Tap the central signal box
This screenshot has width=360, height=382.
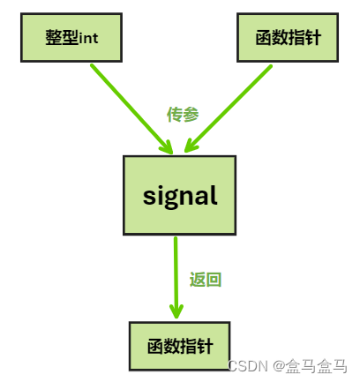pyautogui.click(x=179, y=195)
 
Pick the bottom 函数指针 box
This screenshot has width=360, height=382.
pyautogui.click(x=180, y=345)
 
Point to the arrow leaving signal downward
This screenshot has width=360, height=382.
pyautogui.click(x=176, y=273)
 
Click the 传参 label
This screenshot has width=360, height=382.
pyautogui.click(x=182, y=114)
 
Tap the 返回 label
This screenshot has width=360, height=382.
pyautogui.click(x=205, y=280)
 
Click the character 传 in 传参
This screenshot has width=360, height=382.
pyautogui.click(x=174, y=114)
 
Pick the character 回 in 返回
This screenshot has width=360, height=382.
pyautogui.click(x=213, y=280)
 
